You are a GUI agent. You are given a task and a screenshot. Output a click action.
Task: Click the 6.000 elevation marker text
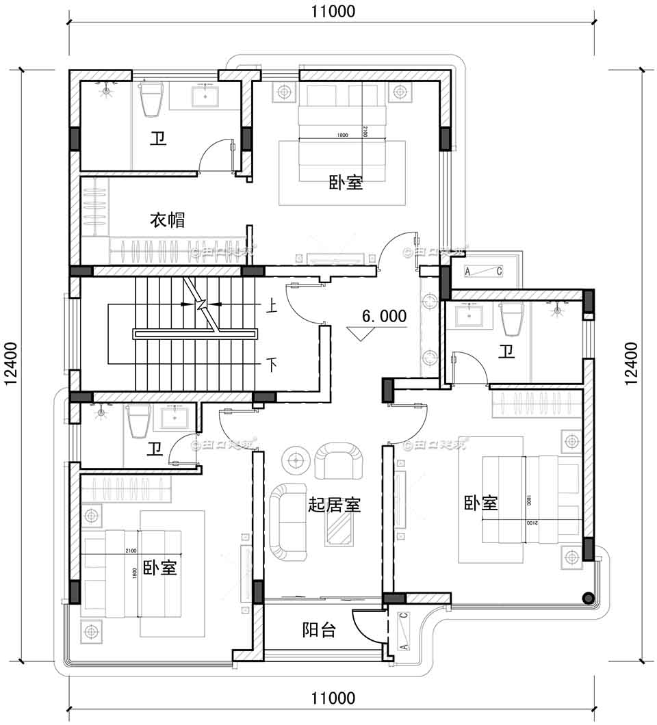click(x=383, y=316)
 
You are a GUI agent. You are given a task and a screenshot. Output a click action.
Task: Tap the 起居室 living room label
click(x=334, y=505)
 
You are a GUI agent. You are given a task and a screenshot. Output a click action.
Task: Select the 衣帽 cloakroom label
click(x=167, y=220)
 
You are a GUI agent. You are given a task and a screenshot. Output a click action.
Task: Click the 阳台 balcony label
click(x=319, y=630)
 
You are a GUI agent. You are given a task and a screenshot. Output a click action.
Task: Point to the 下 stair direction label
click(x=272, y=365)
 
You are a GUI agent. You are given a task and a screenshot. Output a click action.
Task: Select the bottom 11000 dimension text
click(x=333, y=698)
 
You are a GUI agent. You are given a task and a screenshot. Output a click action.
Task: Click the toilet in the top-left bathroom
click(x=150, y=100)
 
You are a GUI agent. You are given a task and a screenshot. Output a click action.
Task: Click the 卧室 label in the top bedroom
click(x=346, y=183)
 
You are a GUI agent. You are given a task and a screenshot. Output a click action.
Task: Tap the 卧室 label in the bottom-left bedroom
click(x=160, y=568)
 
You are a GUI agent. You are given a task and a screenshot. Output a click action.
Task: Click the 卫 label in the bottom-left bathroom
click(x=155, y=449)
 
